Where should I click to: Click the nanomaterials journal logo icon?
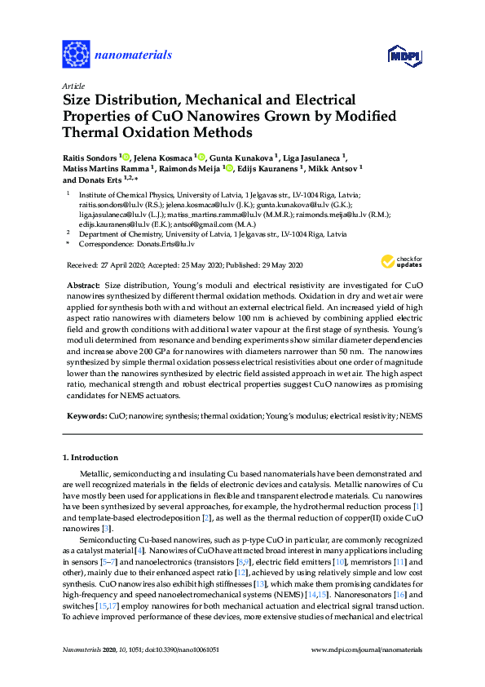click(77, 55)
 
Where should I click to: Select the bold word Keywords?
click(86, 415)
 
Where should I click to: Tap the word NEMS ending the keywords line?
click(410, 415)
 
